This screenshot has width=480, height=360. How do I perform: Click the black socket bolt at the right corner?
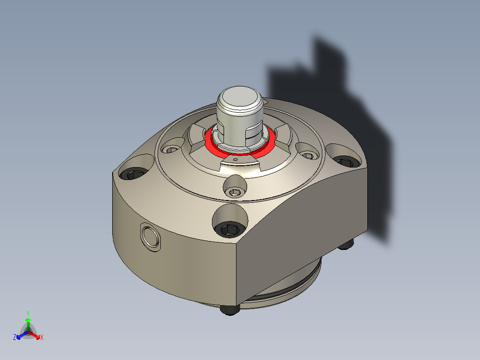point(344,161)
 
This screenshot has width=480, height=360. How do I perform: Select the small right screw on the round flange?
point(308,155)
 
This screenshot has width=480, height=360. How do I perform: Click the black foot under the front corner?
point(229,310)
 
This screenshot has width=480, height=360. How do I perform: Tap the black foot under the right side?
point(346,245)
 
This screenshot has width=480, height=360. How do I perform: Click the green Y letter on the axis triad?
point(28,313)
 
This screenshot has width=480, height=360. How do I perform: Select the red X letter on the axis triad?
point(42,338)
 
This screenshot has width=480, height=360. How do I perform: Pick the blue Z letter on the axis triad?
point(15,338)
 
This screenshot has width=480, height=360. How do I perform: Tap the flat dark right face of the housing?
point(303,223)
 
